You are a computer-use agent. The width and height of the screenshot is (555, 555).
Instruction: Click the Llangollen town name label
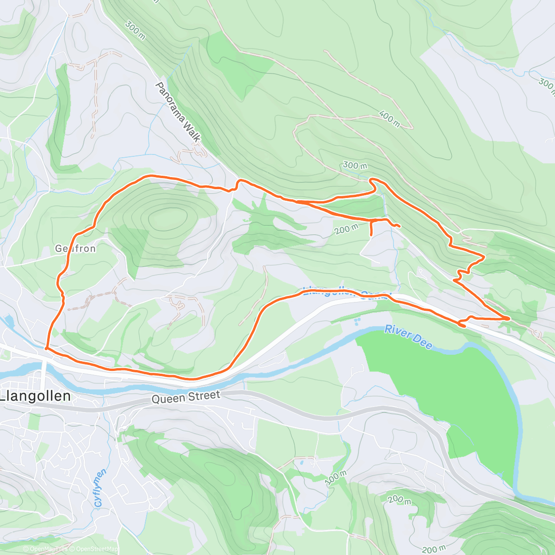coord(36,396)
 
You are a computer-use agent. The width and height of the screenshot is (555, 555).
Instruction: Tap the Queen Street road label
coord(186,397)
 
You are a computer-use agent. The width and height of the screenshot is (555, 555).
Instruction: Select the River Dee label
coord(408,337)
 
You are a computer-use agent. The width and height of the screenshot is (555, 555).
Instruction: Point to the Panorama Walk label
coord(178,112)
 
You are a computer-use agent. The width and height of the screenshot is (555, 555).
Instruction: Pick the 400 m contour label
coord(389,118)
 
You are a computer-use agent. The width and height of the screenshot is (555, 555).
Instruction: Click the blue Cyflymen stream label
coord(100,488)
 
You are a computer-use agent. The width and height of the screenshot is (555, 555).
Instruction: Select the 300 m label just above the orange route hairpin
coord(355,166)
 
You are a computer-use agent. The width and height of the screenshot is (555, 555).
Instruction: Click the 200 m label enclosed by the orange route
coord(346,228)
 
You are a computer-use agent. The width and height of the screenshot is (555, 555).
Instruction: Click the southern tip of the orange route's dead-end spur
coord(371,236)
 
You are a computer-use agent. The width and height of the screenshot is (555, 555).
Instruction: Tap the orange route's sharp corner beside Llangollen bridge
coord(46,348)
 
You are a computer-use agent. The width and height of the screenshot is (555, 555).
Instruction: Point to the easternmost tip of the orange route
coord(509,318)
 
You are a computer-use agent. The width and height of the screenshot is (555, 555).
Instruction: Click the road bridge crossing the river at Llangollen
coord(43,370)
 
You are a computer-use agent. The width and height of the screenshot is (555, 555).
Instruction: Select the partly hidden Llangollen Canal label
coord(347,292)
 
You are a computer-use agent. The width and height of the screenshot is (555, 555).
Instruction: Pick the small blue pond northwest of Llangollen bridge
coord(8,321)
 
